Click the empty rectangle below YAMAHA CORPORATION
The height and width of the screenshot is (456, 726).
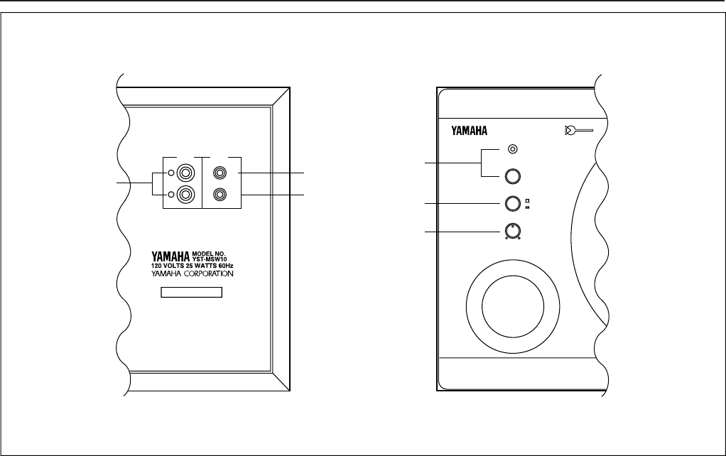[x=191, y=292]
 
